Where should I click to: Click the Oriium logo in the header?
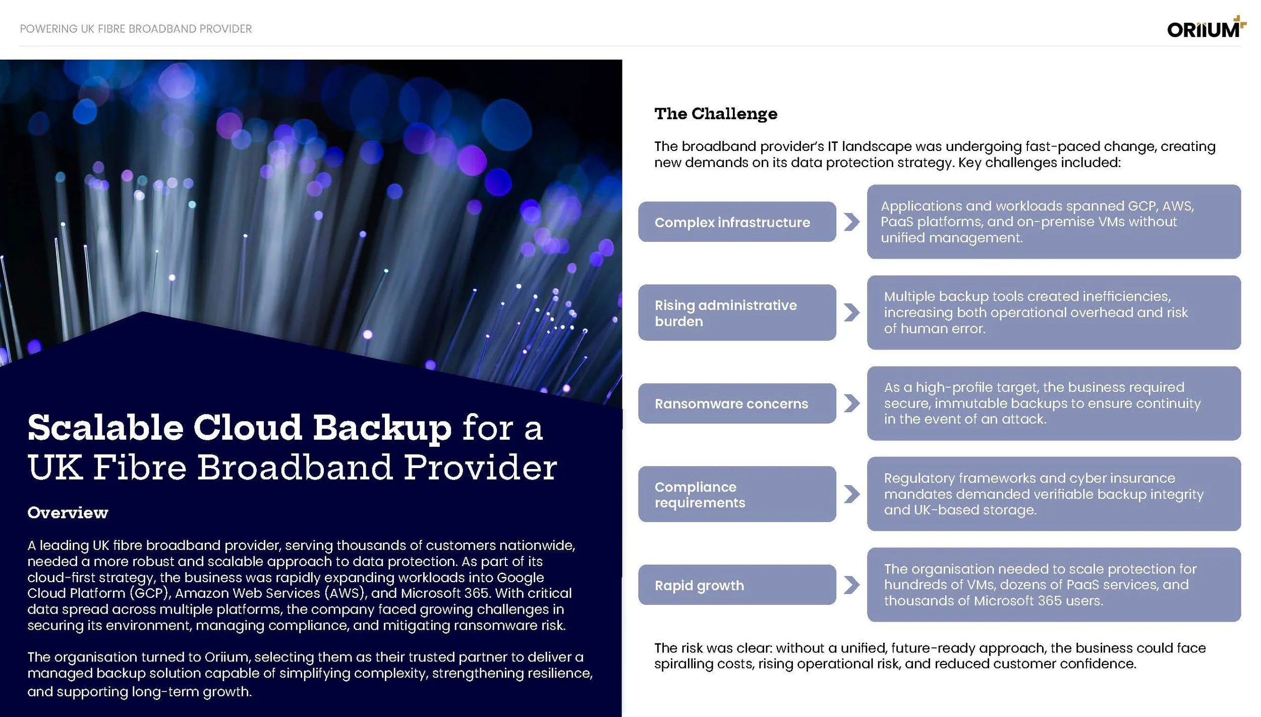1206,29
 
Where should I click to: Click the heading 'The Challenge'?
716,114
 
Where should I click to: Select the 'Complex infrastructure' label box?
736,222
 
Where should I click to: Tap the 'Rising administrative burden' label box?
736,313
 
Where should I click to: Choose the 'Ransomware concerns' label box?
736,403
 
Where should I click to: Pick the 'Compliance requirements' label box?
736,494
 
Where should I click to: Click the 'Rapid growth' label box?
736,585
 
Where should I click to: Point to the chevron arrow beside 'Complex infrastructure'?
851,222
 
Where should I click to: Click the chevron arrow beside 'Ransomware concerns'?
851,403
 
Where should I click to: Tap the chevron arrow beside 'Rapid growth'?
851,585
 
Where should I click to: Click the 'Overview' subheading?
68,513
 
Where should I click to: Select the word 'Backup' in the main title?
382,428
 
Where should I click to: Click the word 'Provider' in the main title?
480,467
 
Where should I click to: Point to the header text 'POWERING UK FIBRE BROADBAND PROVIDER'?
136,29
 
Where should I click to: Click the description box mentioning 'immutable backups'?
1053,403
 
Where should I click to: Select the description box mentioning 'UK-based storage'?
1053,494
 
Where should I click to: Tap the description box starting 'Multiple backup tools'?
1053,313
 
